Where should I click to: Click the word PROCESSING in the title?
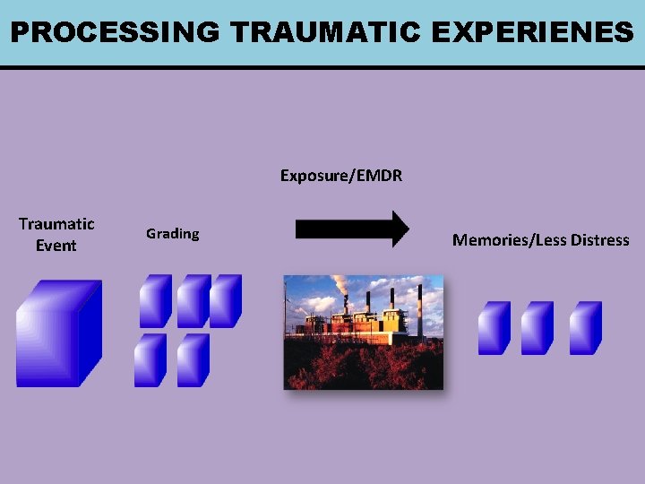point(115,32)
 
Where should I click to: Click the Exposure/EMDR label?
point(341,176)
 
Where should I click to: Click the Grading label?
point(173,234)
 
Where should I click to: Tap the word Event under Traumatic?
point(56,246)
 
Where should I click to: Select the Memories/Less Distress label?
point(540,240)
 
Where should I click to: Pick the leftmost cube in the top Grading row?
point(155,300)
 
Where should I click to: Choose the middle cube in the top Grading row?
point(193,300)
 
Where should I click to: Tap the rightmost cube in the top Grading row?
point(225,300)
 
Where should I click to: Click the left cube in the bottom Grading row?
point(150,360)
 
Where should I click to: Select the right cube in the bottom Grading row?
point(193,360)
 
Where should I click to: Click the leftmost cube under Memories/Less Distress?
point(494,328)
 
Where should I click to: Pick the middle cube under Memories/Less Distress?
point(537,328)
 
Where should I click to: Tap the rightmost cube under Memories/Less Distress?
point(585,328)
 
